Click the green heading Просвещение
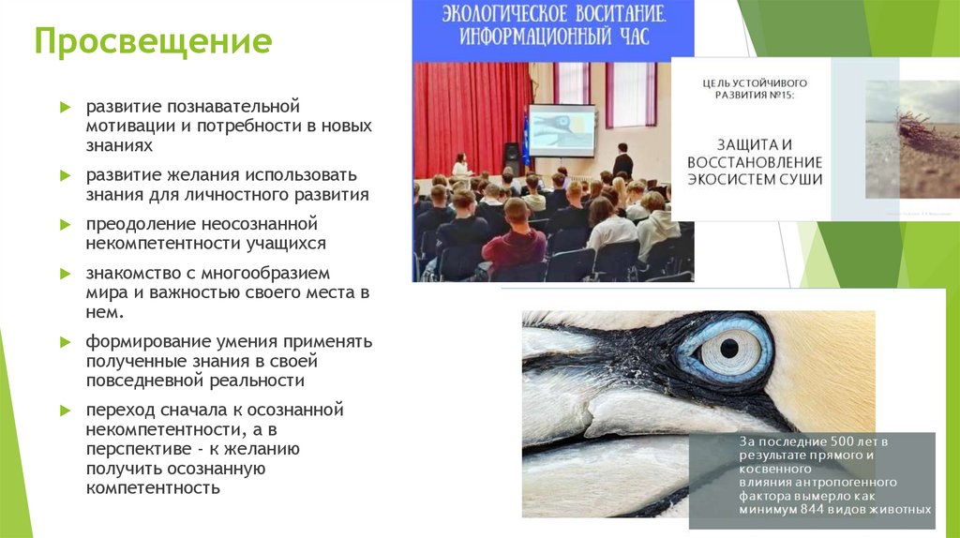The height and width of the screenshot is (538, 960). pyautogui.click(x=154, y=43)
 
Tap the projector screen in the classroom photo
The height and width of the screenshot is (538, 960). pyautogui.click(x=562, y=130)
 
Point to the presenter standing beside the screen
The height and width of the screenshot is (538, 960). pyautogui.click(x=622, y=161)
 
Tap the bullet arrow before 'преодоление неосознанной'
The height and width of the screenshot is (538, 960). pyautogui.click(x=66, y=225)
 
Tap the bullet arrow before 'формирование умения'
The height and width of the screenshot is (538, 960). pyautogui.click(x=66, y=341)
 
